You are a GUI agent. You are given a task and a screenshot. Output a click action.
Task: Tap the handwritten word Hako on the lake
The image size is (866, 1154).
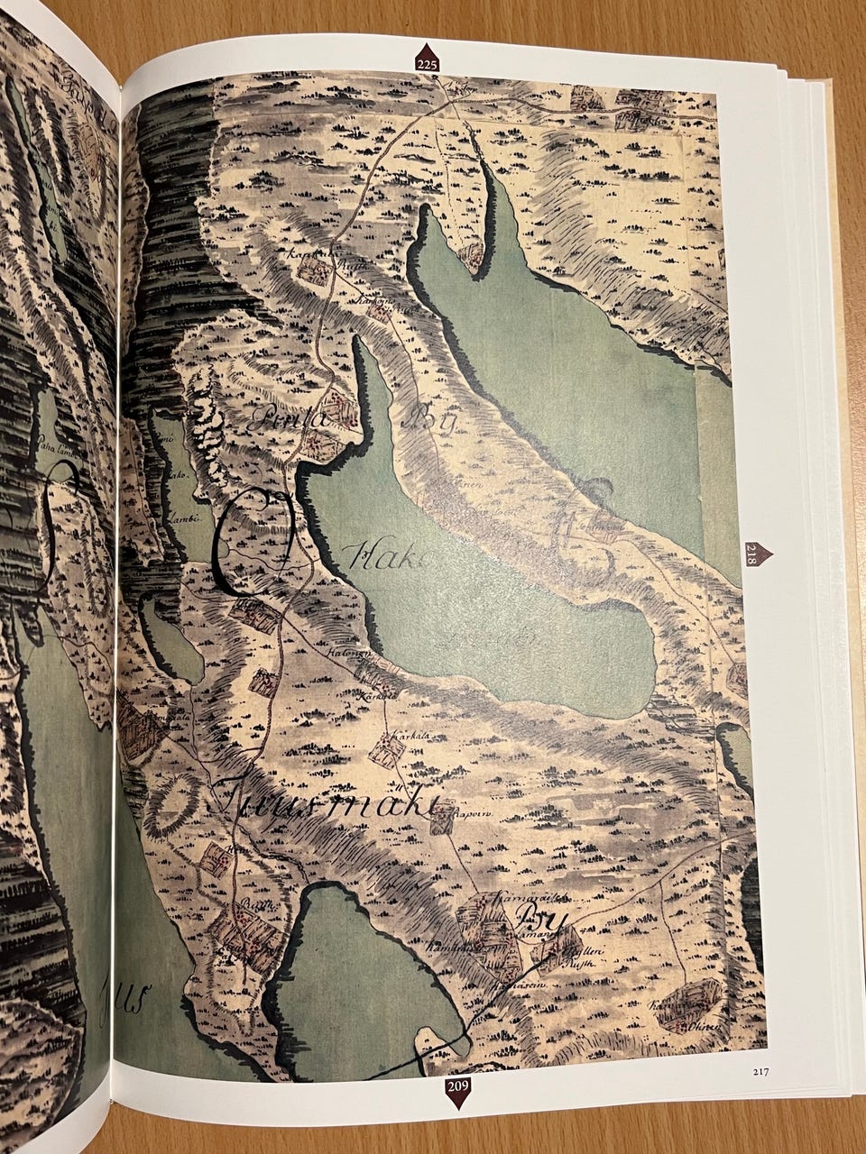pos(388,558)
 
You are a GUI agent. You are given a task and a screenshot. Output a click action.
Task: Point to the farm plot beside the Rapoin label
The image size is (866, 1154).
pos(441,820)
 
